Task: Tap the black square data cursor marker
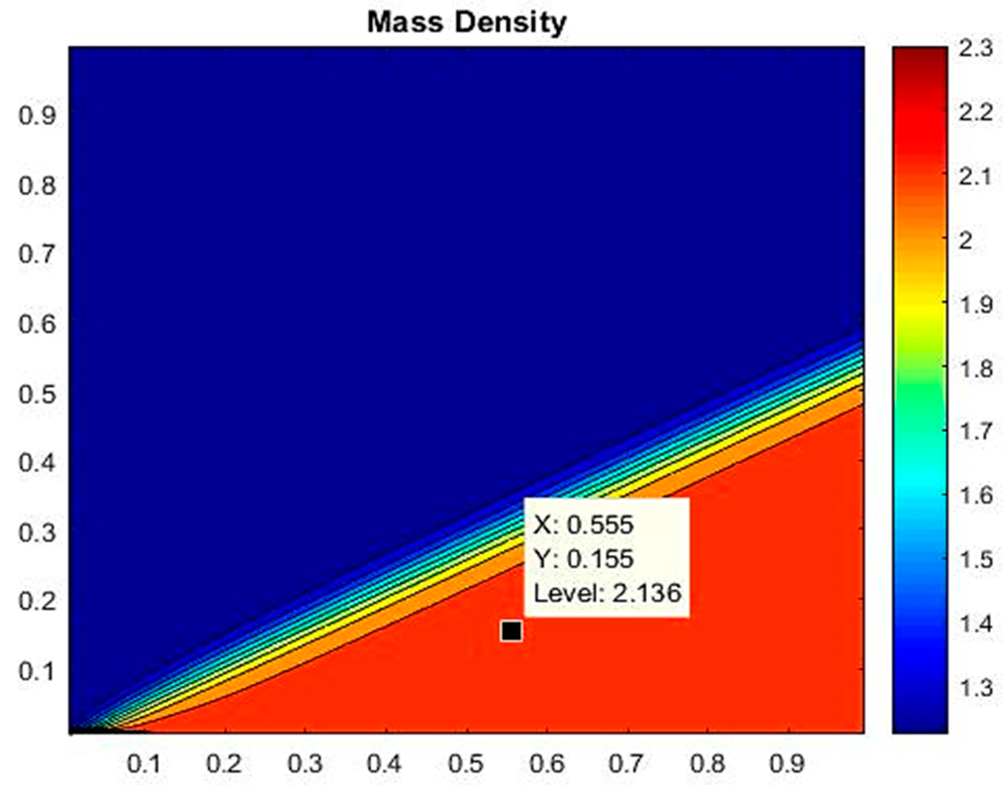pos(511,631)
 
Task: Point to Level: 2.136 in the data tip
pos(607,593)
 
